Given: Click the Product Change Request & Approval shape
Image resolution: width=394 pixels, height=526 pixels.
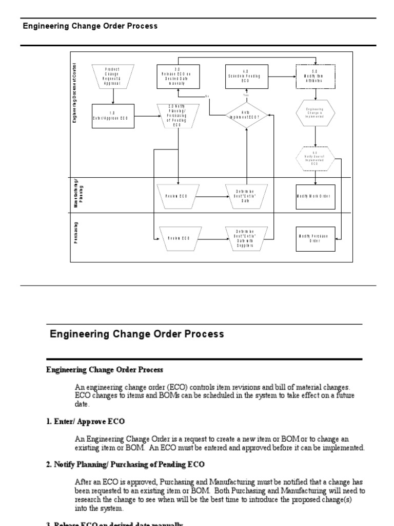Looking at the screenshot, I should tap(113, 76).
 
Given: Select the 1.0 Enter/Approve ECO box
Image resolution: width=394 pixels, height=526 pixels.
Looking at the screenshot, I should tap(113, 116).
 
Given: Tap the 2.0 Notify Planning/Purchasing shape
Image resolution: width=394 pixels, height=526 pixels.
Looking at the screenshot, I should tap(177, 116).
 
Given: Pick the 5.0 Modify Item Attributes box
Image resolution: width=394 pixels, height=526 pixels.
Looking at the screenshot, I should tap(316, 76).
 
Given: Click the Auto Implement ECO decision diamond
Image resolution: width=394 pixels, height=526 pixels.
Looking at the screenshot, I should tap(247, 116).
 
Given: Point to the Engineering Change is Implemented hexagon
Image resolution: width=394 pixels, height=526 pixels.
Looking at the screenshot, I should tap(316, 112).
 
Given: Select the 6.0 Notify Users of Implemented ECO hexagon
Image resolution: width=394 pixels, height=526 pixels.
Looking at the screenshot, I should tap(316, 159).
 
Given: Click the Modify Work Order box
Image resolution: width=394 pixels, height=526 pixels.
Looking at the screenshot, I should tap(316, 196).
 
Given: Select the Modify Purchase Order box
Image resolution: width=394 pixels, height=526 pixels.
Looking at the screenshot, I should tap(316, 238).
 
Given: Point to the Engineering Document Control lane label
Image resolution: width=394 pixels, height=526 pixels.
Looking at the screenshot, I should tap(75, 92).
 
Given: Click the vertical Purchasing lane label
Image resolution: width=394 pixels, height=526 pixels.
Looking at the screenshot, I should tap(75, 233).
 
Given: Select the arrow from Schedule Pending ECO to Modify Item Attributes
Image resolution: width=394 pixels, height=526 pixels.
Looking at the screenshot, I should tap(283, 77).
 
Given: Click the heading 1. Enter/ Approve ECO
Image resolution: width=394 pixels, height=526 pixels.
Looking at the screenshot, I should tap(85, 421).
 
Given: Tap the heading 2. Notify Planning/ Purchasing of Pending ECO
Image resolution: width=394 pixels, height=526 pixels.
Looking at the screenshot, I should tap(125, 464).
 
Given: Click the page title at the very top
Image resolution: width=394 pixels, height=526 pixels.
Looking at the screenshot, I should tap(90, 26).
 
